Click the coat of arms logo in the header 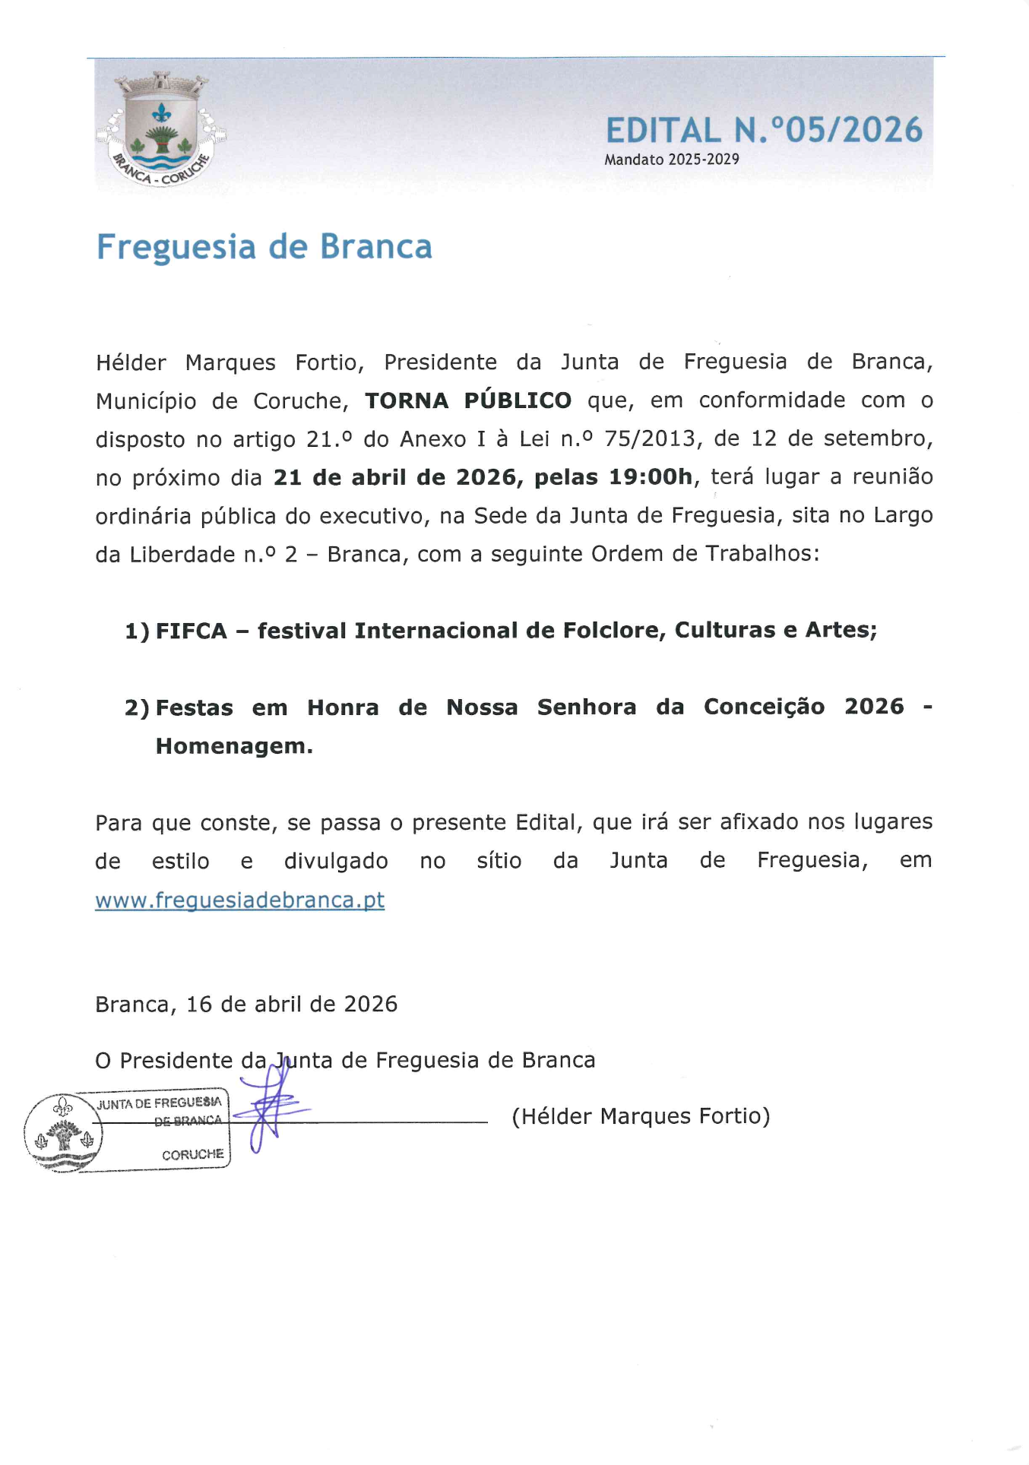click(x=160, y=130)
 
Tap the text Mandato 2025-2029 click(x=671, y=160)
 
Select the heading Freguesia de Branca click(x=264, y=247)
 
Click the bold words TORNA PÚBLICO click(x=468, y=400)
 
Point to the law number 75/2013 click(x=650, y=438)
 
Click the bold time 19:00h click(x=651, y=477)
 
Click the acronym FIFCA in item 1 click(x=192, y=631)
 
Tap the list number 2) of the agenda click(x=137, y=708)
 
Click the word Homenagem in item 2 click(x=234, y=746)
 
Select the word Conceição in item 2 click(x=764, y=707)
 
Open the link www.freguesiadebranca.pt click(x=239, y=900)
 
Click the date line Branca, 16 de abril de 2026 click(x=246, y=1004)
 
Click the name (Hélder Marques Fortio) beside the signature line click(x=641, y=1115)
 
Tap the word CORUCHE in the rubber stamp click(x=192, y=1154)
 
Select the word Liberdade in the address click(x=182, y=554)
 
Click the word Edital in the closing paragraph click(x=546, y=822)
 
